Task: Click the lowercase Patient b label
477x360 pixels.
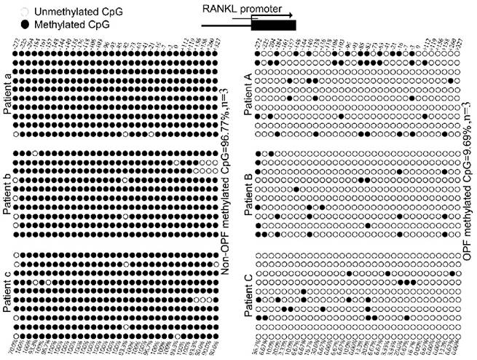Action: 7,188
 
